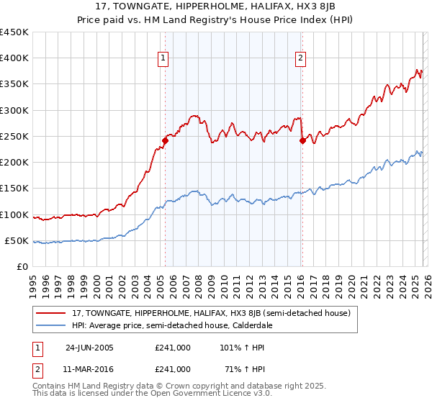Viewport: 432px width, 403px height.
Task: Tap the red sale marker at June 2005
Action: click(165, 141)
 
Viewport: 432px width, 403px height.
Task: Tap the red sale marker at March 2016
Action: click(302, 141)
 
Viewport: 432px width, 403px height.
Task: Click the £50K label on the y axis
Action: click(17, 240)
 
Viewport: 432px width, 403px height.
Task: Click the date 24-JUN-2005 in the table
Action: click(89, 348)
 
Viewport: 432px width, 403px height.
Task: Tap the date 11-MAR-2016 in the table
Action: click(89, 368)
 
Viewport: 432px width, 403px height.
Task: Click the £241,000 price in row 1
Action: click(173, 348)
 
